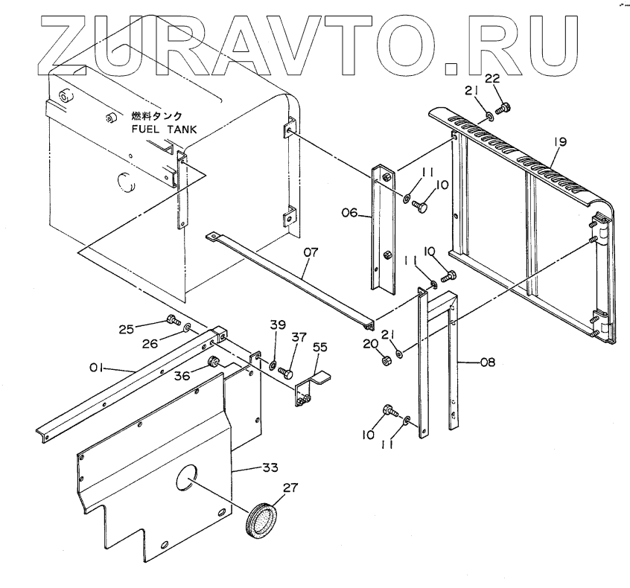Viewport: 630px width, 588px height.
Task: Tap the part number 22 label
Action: click(492, 78)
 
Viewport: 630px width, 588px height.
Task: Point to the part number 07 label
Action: click(311, 252)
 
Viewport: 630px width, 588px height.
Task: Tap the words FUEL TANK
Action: click(164, 128)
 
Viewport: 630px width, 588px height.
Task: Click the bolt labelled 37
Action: click(287, 368)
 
